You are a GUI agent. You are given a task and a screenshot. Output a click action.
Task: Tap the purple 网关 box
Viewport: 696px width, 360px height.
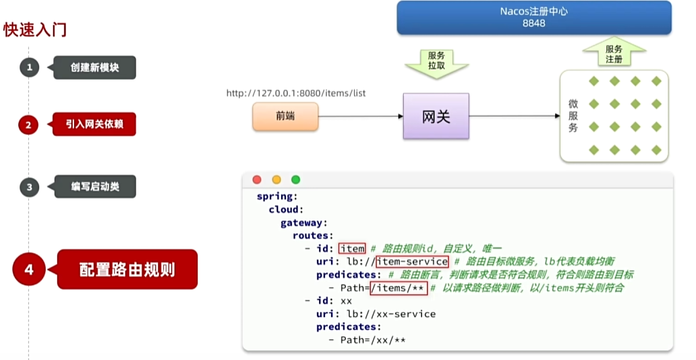click(x=436, y=117)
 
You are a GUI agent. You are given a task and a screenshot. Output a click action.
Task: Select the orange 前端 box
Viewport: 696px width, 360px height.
click(x=285, y=117)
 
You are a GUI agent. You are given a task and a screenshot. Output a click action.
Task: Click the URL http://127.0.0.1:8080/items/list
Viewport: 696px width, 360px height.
click(x=296, y=93)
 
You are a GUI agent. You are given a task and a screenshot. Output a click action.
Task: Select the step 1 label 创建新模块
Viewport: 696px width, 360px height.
click(x=94, y=67)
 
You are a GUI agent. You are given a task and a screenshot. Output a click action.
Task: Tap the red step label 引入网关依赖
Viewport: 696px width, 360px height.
click(x=94, y=125)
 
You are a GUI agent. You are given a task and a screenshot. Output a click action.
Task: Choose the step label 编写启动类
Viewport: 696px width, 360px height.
click(x=95, y=187)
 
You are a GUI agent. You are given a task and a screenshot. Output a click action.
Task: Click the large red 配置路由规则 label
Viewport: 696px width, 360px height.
click(x=127, y=270)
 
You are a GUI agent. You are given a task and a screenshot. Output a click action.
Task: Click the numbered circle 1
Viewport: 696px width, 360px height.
click(x=29, y=67)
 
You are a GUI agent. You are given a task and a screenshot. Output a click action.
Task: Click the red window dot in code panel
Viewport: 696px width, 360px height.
click(x=257, y=179)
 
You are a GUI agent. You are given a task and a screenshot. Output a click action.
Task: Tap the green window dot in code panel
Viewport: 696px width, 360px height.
click(x=295, y=179)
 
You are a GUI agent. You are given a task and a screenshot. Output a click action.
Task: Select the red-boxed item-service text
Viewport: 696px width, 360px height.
click(x=412, y=261)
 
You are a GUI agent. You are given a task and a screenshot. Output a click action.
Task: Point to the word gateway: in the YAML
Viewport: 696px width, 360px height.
click(x=304, y=222)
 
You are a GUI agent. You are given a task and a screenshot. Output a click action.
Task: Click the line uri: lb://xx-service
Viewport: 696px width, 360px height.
click(x=376, y=313)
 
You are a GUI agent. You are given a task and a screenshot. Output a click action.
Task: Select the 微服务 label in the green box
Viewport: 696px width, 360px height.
click(x=573, y=116)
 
